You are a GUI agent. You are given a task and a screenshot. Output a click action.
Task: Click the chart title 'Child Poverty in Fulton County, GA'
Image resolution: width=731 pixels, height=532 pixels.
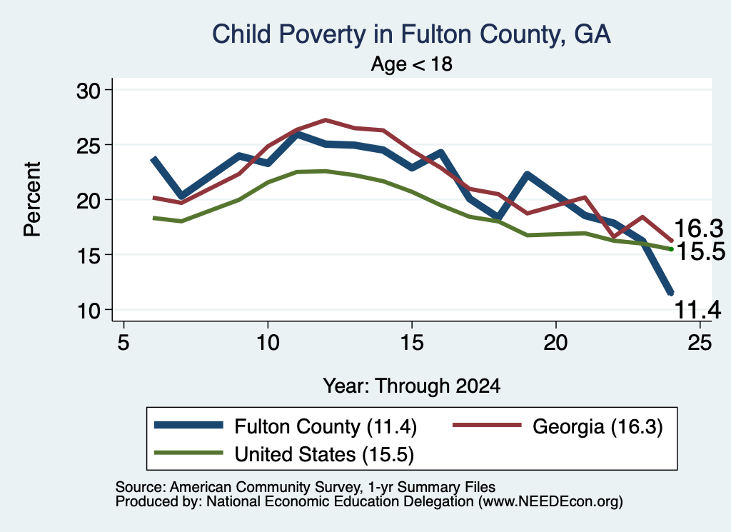point(411,34)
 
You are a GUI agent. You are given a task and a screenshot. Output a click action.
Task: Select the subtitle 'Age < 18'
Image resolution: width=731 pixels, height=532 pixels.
point(412,64)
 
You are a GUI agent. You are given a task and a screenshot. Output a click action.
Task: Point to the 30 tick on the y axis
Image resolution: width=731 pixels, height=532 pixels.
point(89,91)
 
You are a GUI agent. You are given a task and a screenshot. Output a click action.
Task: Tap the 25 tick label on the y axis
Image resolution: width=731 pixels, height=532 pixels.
point(89,146)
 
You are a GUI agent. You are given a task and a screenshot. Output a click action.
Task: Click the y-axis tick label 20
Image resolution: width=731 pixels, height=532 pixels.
point(89,201)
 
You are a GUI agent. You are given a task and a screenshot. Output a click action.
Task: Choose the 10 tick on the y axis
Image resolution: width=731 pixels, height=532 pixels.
point(89,311)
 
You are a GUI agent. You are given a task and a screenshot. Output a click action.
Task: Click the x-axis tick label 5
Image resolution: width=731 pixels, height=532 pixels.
point(123,343)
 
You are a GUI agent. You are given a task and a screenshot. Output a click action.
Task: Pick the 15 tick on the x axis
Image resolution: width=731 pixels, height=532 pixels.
point(412,343)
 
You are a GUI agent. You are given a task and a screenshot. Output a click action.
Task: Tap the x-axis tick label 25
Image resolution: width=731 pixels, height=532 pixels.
point(700,343)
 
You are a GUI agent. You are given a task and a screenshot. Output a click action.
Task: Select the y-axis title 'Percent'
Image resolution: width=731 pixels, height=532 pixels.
point(33,199)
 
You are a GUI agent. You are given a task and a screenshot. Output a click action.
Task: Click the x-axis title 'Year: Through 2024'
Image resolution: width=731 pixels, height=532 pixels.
point(412,386)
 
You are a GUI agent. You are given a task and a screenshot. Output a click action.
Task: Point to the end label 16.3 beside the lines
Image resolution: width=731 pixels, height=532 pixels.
point(698,229)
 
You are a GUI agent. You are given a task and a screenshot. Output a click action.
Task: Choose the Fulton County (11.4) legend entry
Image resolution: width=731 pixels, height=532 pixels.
point(286,426)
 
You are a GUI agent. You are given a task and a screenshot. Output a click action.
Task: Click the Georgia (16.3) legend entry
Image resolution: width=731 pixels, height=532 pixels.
point(558,426)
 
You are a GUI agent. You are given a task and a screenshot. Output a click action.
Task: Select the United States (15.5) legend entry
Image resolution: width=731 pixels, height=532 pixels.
point(284,454)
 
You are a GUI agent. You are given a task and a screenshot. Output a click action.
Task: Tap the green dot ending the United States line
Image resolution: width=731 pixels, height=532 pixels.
point(671,249)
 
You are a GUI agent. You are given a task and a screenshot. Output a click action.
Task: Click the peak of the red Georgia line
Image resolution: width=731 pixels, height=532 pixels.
point(326,120)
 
